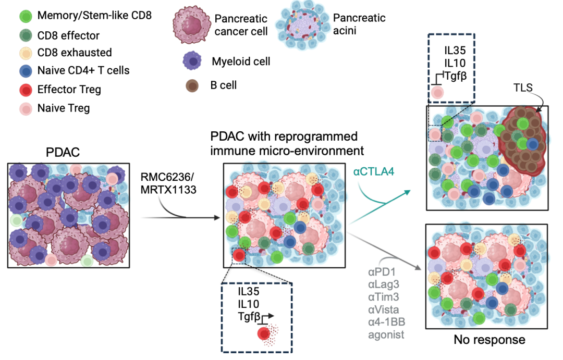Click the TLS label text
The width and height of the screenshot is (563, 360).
pyautogui.click(x=523, y=88)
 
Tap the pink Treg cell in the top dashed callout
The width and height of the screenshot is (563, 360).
pyautogui.click(x=437, y=93)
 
